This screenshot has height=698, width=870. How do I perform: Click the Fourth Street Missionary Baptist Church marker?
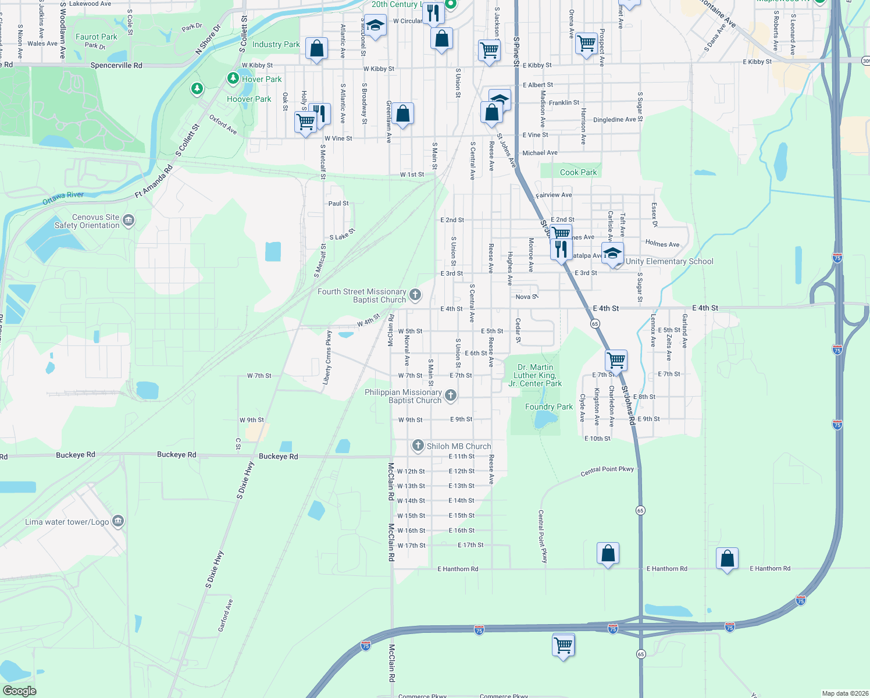coord(415,294)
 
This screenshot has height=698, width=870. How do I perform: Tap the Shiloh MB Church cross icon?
coord(418,446)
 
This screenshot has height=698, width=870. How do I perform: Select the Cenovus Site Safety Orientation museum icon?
coord(129,220)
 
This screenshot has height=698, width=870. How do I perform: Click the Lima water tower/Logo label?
coord(67,522)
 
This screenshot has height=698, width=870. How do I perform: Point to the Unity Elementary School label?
coord(669,262)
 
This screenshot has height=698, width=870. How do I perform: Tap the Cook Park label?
coord(578,172)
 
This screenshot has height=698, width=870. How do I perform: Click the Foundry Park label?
coord(549,407)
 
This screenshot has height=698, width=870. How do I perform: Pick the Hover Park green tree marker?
coord(233,78)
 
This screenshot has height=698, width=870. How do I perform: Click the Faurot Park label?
coord(97,37)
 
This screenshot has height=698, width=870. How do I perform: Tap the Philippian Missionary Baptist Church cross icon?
coord(451,396)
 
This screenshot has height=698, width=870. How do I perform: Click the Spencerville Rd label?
coord(116,66)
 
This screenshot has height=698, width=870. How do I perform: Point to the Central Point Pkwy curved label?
coord(607,471)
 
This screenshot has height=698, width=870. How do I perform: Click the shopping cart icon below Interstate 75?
coord(564,644)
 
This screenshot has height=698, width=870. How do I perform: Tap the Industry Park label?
coord(276,44)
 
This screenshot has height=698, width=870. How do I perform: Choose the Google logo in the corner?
coord(20,690)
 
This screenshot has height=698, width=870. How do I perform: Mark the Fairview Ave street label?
coord(554,195)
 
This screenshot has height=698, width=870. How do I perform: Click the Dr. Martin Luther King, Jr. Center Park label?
coord(535,375)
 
